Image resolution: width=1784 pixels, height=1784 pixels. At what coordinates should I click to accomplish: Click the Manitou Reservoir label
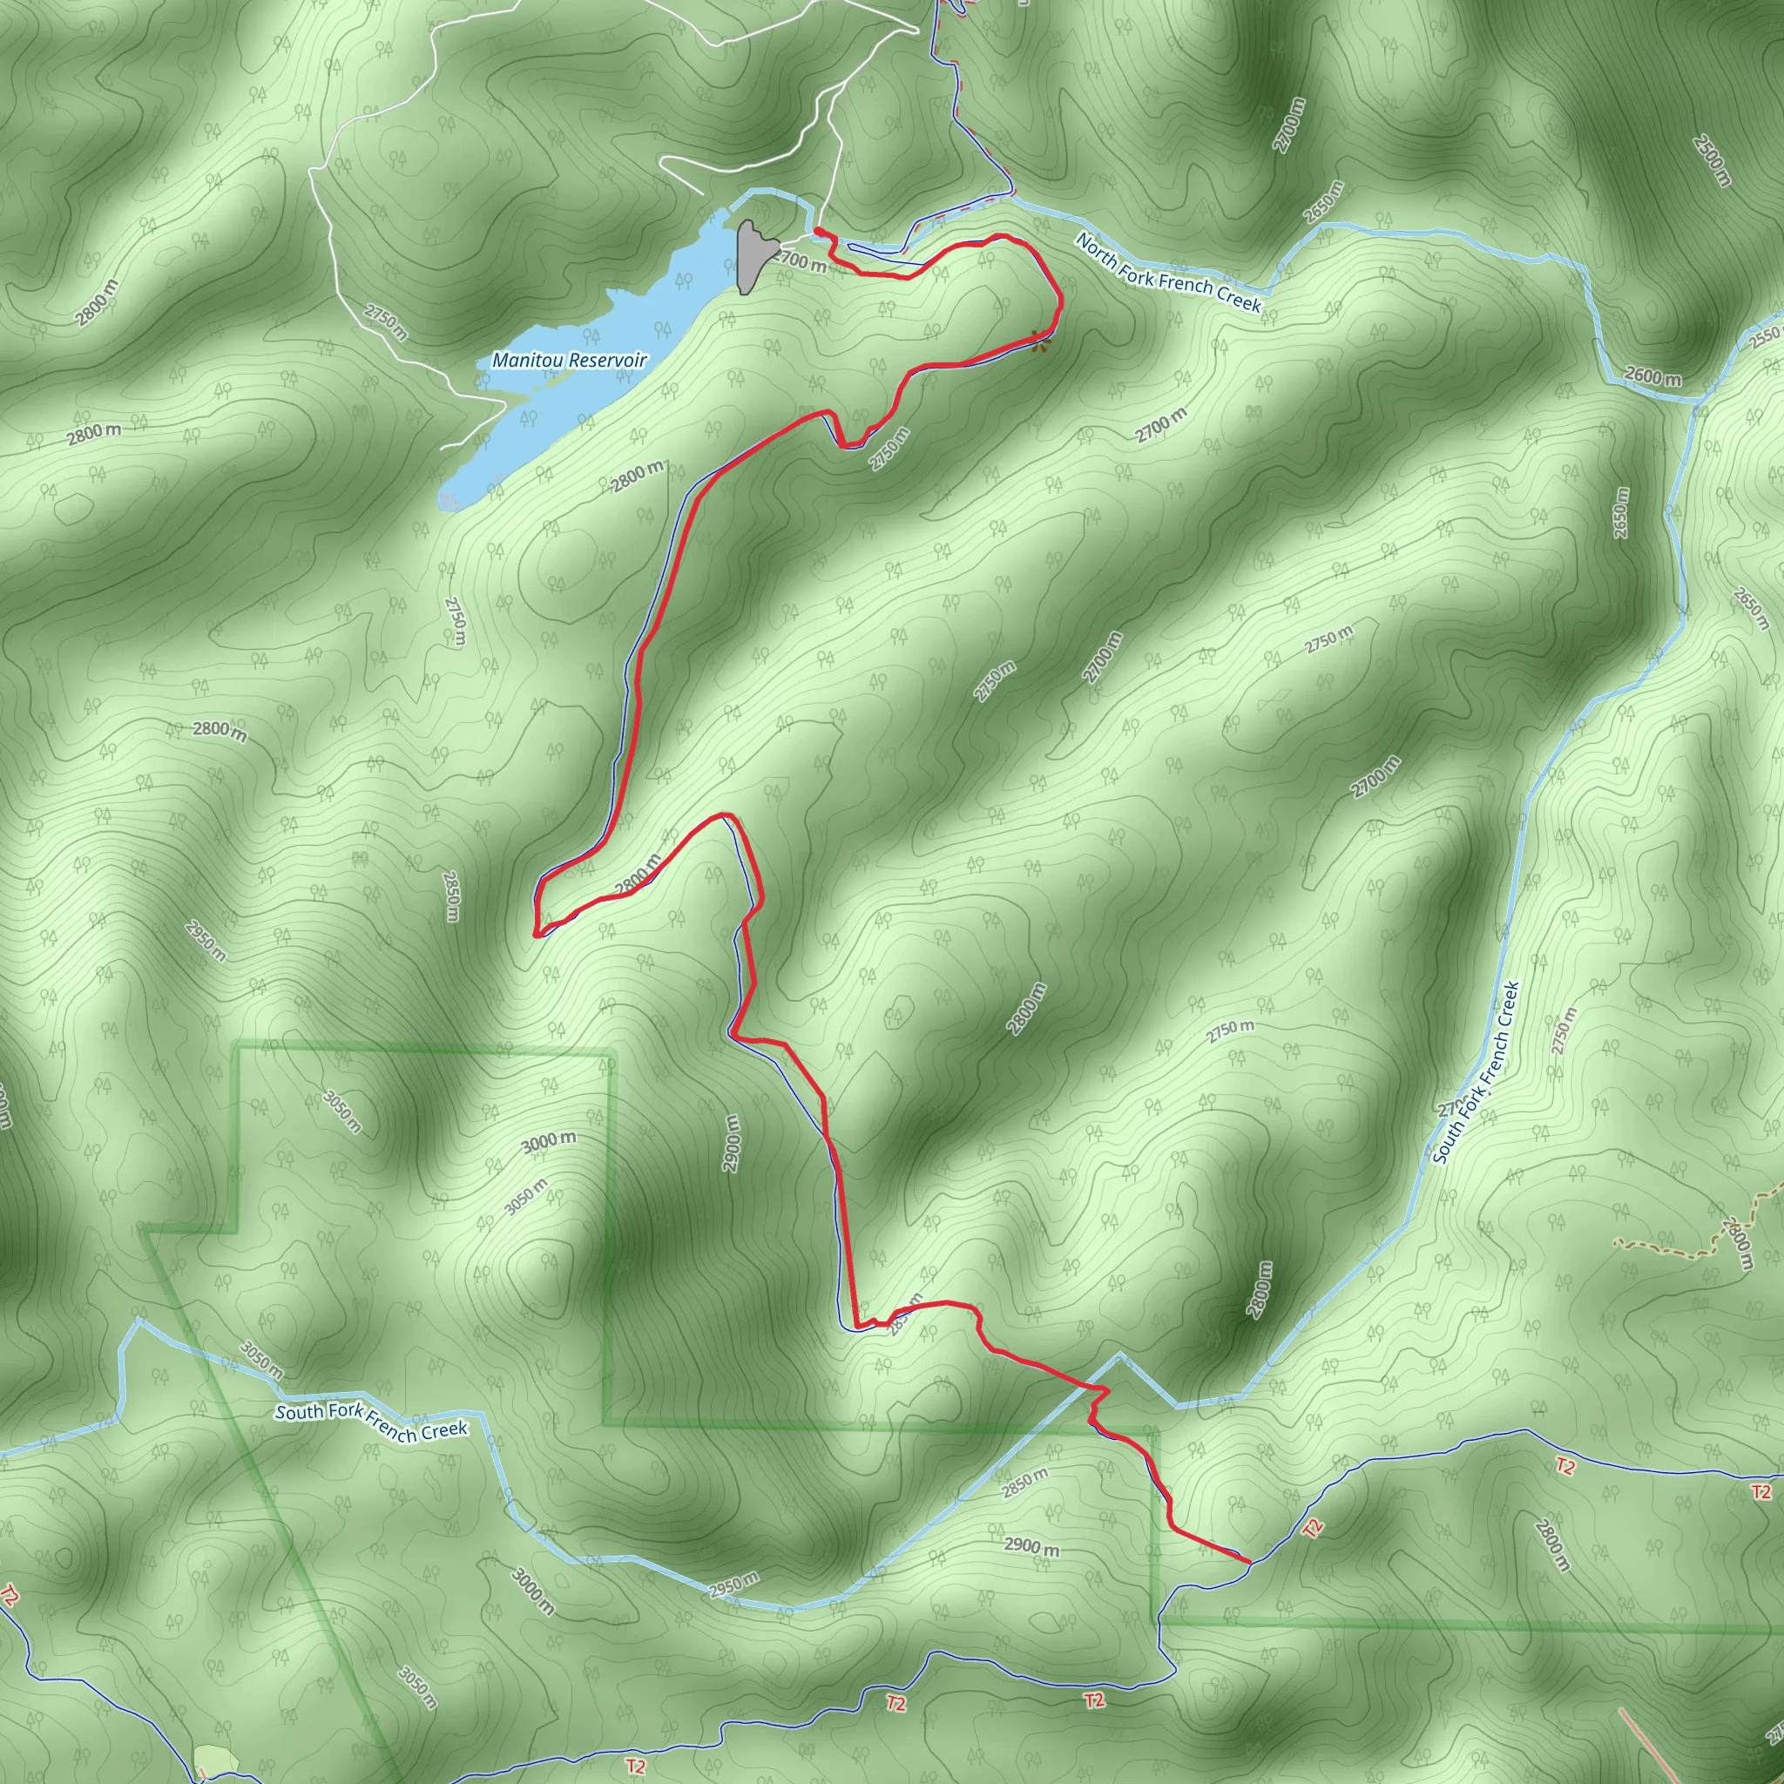[569, 360]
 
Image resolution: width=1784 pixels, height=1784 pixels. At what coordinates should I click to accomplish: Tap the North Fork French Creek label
[1168, 273]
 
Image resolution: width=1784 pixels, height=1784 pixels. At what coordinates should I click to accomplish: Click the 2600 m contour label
[1652, 376]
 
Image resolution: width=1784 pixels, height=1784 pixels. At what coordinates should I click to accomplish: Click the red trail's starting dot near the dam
[818, 231]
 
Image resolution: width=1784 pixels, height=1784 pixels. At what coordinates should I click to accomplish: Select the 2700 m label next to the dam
[800, 261]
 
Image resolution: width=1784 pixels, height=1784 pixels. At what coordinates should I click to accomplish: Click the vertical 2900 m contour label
[733, 1143]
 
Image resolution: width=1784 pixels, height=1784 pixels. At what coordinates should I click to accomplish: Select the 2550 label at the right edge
[1766, 336]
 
